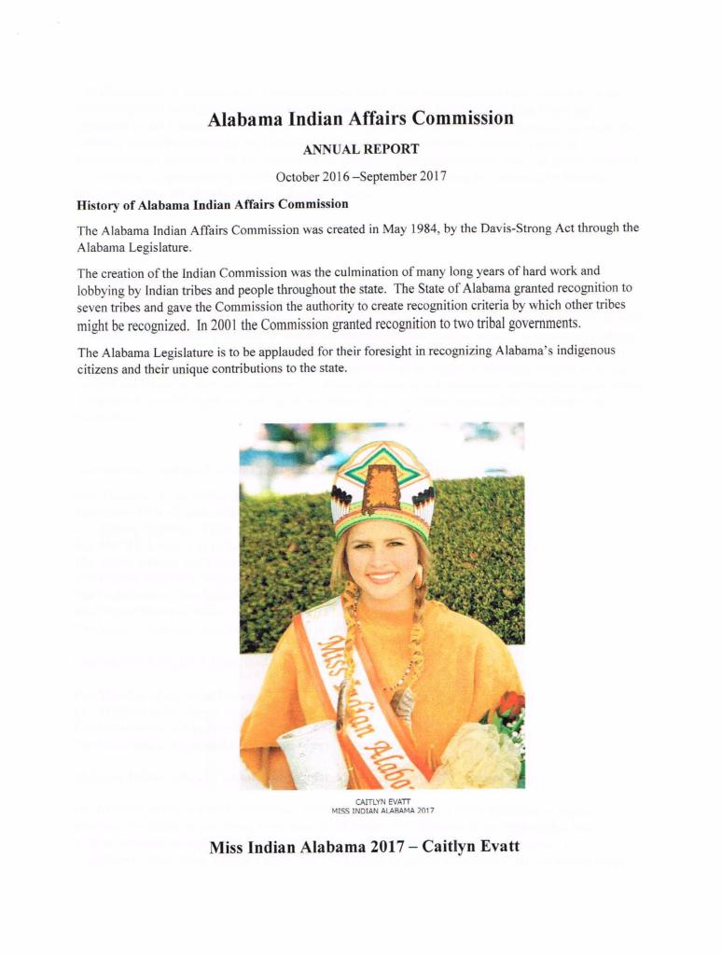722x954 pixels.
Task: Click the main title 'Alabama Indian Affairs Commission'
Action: [360, 119]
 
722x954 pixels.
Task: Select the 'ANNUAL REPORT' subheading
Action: [360, 149]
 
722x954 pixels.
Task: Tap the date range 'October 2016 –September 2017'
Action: [360, 177]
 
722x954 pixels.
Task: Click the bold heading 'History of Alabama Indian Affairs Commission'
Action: [213, 203]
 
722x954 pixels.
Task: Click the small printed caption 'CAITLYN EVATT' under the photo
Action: [381, 800]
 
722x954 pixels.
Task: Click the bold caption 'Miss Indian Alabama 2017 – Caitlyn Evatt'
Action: [364, 847]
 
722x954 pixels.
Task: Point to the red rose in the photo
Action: [509, 706]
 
